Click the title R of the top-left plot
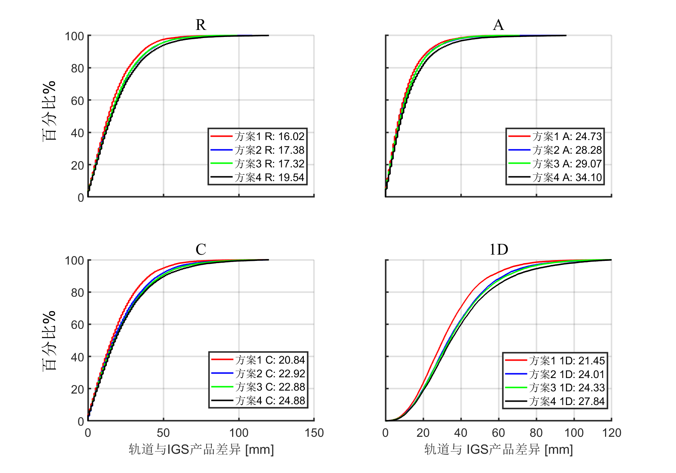coord(201,25)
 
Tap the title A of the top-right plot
coord(498,25)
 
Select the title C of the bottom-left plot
coord(201,249)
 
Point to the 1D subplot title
coord(499,249)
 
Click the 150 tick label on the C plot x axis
coord(314,433)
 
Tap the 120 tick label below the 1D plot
coord(612,433)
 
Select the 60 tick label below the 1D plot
coord(498,433)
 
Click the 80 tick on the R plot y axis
coord(77,68)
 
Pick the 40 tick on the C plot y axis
coord(77,357)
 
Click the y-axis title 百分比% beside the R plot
coord(49,111)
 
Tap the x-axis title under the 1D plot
coord(499,449)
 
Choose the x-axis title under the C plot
coord(201,449)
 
